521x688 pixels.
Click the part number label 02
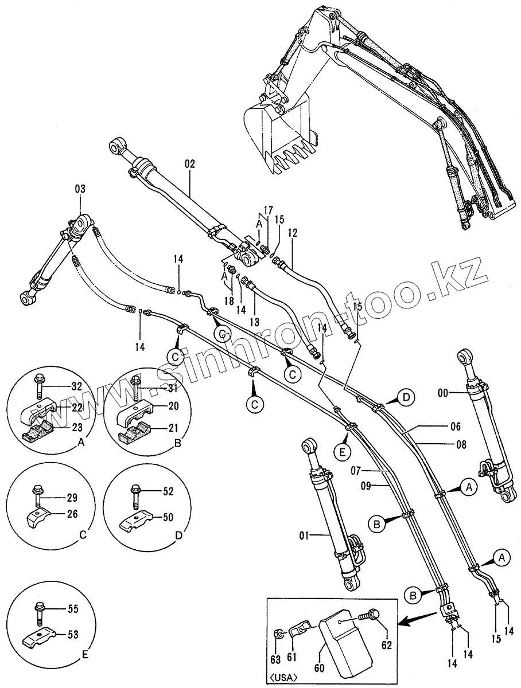[x=190, y=164]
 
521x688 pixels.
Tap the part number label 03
[x=80, y=189]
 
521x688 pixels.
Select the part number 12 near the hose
[x=293, y=233]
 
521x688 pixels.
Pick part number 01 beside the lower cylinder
[x=304, y=536]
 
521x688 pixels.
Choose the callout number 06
[x=455, y=426]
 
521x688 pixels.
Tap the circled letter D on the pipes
[x=406, y=397]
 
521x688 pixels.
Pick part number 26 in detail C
[x=72, y=514]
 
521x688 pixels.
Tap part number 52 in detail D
[x=168, y=491]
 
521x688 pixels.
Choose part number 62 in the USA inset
[x=386, y=644]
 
